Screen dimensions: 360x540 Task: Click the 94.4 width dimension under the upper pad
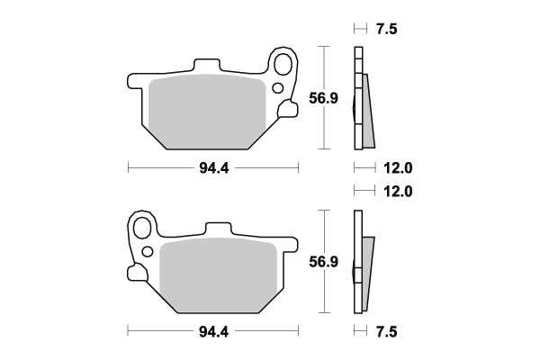point(211,167)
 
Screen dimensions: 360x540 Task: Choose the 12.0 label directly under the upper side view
point(396,167)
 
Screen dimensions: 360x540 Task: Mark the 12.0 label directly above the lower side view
point(396,191)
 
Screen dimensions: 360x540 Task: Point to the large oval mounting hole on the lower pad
point(142,227)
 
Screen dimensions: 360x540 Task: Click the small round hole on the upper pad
point(277,88)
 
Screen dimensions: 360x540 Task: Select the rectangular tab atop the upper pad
point(206,67)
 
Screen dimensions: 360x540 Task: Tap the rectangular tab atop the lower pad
point(220,229)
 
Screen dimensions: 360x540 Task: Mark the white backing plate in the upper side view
point(357,99)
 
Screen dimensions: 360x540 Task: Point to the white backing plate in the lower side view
point(357,261)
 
